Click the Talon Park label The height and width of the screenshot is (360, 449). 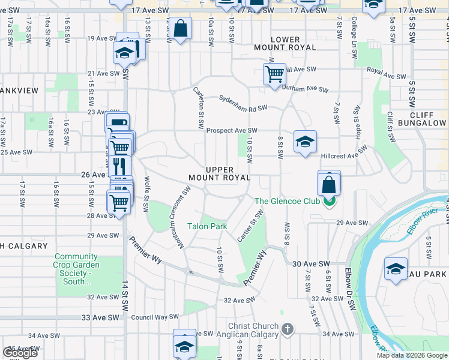point(207,226)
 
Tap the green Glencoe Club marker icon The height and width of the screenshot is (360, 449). point(329,202)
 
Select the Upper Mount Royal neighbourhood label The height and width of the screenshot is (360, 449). point(219,174)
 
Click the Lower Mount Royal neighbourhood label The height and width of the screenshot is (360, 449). point(293,43)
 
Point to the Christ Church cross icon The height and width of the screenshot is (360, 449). point(288,329)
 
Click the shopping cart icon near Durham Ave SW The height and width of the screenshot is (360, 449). point(274,74)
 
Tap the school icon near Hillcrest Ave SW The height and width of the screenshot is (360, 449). point(305,142)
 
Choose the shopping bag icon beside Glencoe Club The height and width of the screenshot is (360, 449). point(329,184)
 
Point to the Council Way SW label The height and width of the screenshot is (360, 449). point(155,316)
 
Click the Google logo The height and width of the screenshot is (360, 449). point(20,353)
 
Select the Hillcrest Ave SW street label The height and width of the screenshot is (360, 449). point(344,154)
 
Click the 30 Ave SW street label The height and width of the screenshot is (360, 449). point(312,263)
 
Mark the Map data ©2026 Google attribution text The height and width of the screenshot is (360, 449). point(412,355)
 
